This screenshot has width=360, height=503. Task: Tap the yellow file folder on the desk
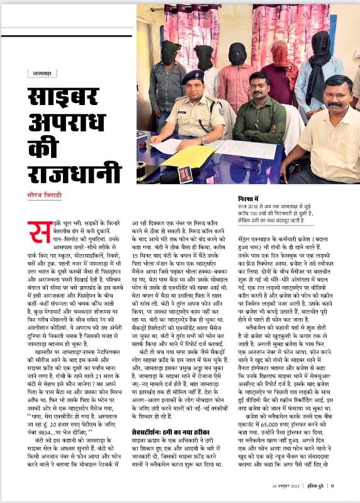(x=189, y=155)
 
